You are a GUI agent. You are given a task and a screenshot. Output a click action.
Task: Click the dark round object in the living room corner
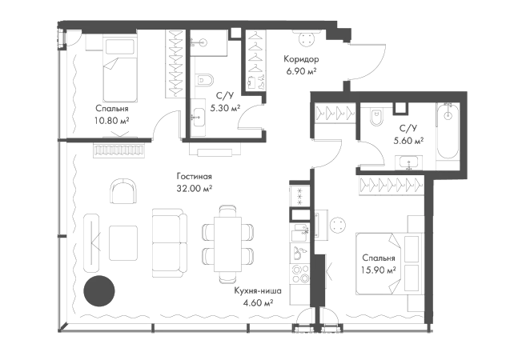pos(100,290)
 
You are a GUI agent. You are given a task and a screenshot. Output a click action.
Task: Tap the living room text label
pos(195,182)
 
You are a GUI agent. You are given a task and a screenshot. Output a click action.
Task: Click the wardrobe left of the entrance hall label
pos(257,61)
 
